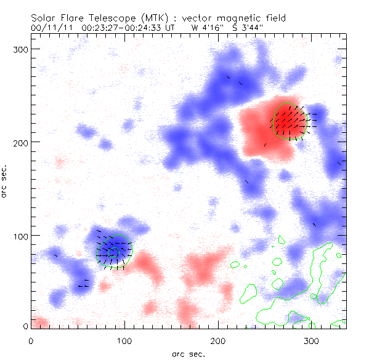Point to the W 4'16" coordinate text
(208, 27)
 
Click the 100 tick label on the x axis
(124, 340)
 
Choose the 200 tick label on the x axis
(218, 340)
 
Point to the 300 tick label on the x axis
(312, 340)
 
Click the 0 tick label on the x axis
(31, 340)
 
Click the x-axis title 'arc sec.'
(187, 353)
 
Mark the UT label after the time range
(173, 27)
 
